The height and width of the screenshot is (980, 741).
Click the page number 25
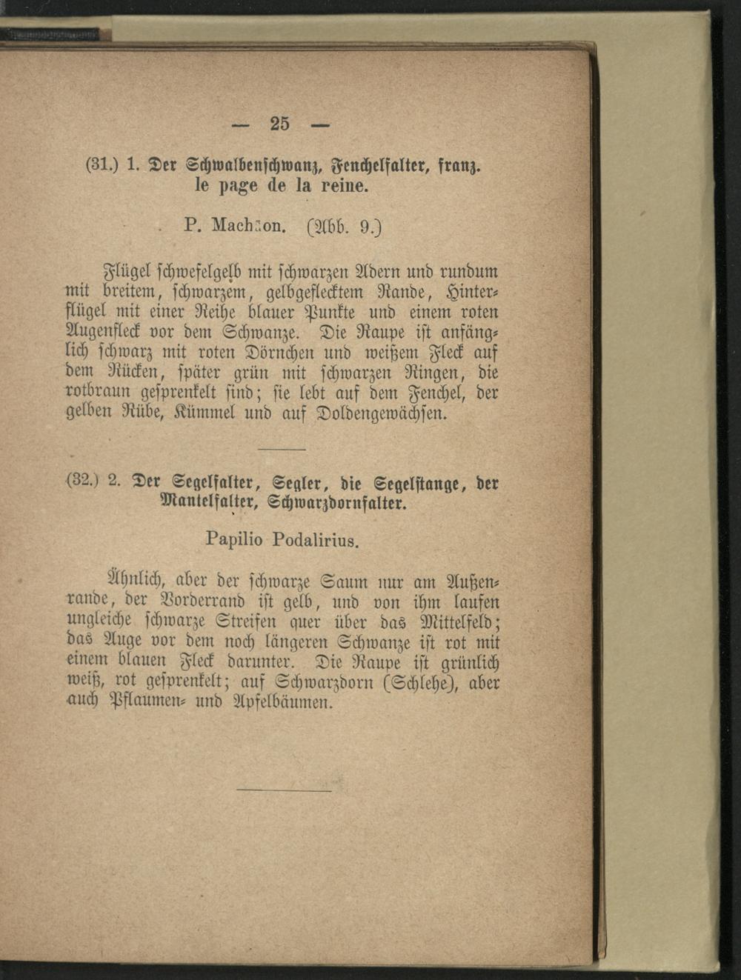point(280,124)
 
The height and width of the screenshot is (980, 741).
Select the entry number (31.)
point(99,164)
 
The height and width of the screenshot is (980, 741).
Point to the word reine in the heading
point(342,185)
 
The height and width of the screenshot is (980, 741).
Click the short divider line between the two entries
point(282,450)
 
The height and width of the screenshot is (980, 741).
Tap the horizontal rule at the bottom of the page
point(284,790)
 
